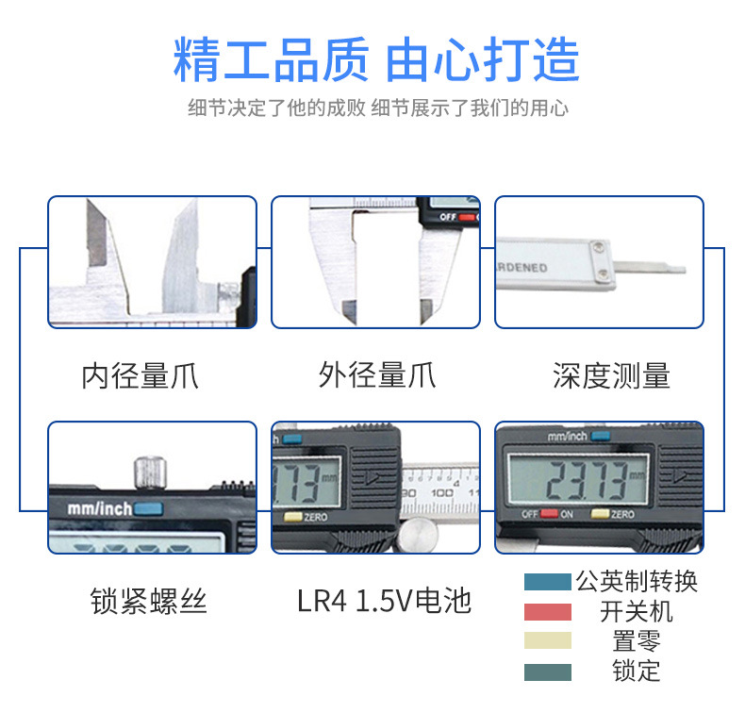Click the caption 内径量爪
point(140,375)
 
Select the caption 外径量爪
point(376,375)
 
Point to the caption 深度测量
point(611,375)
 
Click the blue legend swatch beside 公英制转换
point(547,583)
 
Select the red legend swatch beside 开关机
point(547,612)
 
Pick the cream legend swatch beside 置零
point(547,641)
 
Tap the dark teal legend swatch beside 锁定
point(547,672)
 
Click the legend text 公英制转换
point(637,582)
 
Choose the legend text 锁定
point(637,672)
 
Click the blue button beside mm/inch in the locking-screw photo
point(148,509)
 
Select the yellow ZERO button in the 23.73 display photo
point(600,515)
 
